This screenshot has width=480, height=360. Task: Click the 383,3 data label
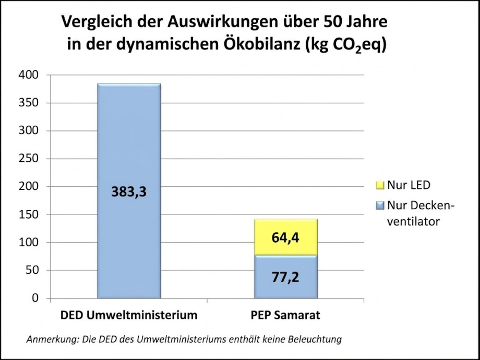128,192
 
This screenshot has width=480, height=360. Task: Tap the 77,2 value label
285,277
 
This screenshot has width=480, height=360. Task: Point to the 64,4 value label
285,238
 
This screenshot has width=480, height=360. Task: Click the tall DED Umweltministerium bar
129,130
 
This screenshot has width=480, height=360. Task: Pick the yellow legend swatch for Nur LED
379,185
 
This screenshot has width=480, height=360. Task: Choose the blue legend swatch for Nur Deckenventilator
379,206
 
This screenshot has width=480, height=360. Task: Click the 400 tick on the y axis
29,75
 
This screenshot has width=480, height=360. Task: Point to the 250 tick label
29,159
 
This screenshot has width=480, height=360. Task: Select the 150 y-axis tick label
29,214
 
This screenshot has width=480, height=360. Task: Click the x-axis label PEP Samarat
285,315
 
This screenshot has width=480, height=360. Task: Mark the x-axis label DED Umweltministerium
129,315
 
